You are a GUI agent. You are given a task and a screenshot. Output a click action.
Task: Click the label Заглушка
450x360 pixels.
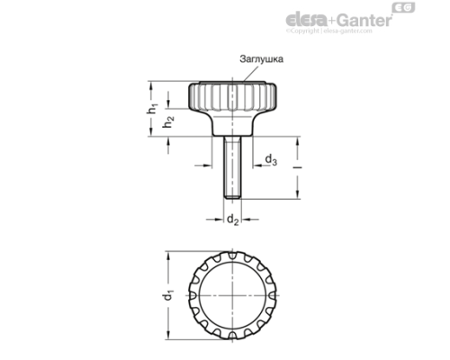262,59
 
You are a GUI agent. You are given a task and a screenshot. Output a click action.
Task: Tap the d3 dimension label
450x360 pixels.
271,161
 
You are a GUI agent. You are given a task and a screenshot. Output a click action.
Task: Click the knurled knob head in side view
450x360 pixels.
231,94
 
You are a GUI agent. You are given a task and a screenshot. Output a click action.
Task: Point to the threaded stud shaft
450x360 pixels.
231,166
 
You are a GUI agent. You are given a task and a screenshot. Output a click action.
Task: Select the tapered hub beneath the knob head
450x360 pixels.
231,121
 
